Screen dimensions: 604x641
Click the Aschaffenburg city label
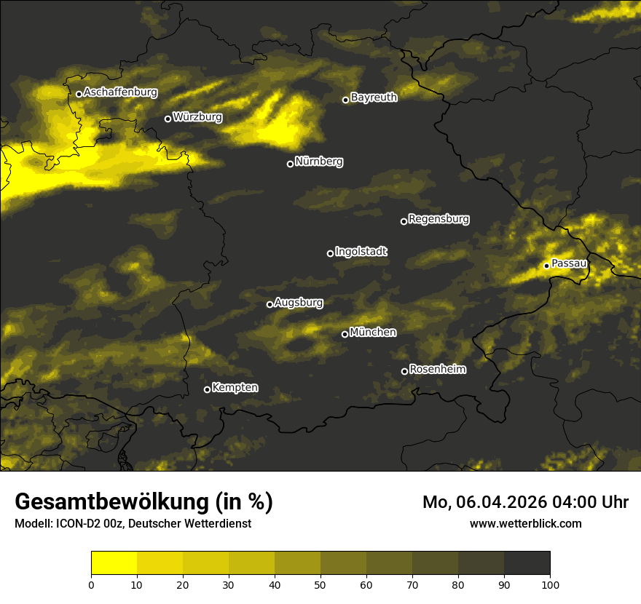(120, 92)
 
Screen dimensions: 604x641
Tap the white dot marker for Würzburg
(168, 119)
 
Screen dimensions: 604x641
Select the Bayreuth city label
(374, 98)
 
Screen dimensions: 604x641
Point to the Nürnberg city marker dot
(290, 164)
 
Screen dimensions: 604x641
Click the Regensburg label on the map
(439, 219)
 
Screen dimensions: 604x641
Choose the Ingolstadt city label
(361, 251)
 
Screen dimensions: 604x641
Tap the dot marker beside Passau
(546, 266)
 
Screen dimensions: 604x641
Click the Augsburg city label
(299, 302)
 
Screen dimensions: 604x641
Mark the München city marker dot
(345, 335)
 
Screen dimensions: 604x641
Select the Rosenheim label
(437, 369)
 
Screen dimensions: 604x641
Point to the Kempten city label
(235, 388)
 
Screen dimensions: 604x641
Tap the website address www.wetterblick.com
(525, 523)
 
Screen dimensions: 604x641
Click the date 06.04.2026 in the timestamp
(503, 502)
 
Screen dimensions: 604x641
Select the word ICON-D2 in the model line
(76, 523)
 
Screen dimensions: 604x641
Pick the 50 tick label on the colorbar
(320, 584)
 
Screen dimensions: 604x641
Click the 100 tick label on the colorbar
(550, 584)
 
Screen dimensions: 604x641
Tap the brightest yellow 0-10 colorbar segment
(114, 563)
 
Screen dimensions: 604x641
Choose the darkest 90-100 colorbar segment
(527, 563)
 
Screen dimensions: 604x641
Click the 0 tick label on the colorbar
(91, 584)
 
